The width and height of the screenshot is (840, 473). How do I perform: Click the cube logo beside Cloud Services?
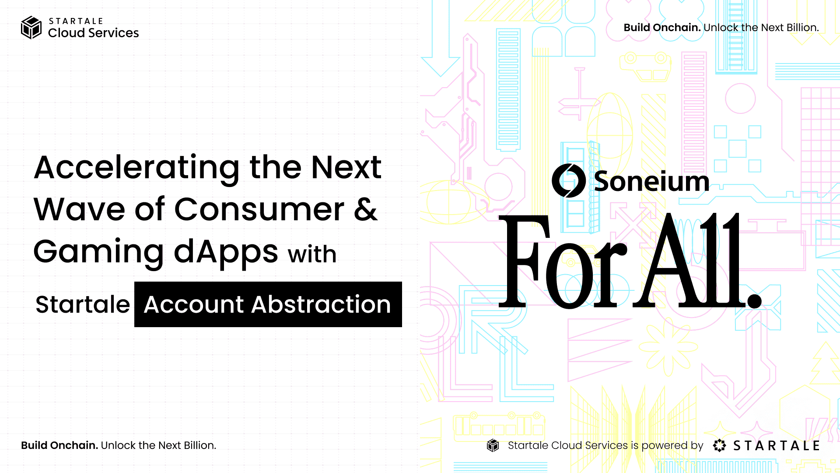pyautogui.click(x=31, y=28)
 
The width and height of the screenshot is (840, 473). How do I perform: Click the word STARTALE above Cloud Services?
pyautogui.click(x=76, y=21)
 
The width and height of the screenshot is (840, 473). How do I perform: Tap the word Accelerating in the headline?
pyautogui.click(x=137, y=169)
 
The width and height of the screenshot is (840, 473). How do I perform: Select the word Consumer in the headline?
pyautogui.click(x=259, y=209)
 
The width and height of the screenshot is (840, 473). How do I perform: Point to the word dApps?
pyautogui.click(x=226, y=252)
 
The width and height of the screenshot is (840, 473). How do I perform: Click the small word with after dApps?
pyautogui.click(x=312, y=254)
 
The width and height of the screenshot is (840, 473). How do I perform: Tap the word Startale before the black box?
pyautogui.click(x=83, y=304)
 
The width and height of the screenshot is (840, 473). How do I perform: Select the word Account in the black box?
pyautogui.click(x=193, y=304)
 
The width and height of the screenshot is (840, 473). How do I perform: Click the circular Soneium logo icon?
pyautogui.click(x=568, y=180)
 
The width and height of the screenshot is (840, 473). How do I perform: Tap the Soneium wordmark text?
pyautogui.click(x=651, y=181)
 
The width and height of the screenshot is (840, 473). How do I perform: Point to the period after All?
pyautogui.click(x=754, y=300)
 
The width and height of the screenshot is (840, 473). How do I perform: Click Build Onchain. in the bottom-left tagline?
pyautogui.click(x=59, y=445)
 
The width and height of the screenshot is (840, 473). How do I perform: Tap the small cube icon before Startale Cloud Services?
pyautogui.click(x=493, y=445)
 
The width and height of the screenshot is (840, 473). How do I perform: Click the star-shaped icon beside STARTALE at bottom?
pyautogui.click(x=719, y=445)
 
